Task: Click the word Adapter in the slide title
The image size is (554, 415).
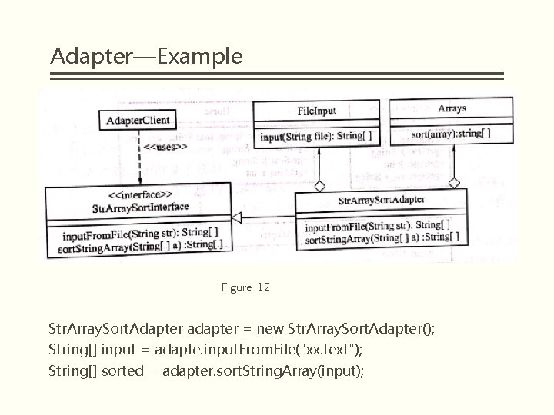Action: [84, 57]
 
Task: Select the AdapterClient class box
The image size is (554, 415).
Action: [138, 121]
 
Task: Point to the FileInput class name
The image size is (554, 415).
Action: [316, 111]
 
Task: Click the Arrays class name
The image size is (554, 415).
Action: [452, 108]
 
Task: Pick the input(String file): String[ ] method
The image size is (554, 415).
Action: [316, 137]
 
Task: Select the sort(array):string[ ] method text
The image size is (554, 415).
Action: [451, 133]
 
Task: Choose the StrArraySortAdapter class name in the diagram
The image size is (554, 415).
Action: [382, 201]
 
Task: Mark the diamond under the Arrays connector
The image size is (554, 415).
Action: [454, 182]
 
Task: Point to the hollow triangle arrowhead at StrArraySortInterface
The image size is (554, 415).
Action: [238, 218]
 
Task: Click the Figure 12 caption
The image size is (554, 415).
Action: [245, 288]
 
